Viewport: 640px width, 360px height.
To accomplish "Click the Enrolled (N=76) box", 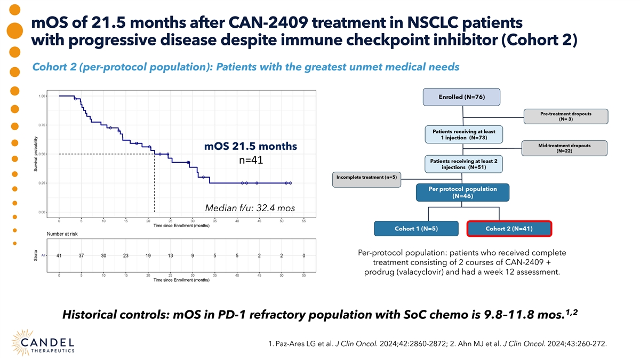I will (x=461, y=97).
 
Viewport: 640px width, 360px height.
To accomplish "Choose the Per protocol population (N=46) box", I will (x=462, y=192).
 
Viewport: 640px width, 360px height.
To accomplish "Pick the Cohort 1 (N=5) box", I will (x=416, y=229).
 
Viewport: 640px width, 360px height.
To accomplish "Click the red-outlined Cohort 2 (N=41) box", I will (x=509, y=229).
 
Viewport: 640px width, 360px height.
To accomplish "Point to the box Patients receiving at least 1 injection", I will (x=463, y=134).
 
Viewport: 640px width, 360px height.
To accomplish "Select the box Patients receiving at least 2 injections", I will (x=463, y=164).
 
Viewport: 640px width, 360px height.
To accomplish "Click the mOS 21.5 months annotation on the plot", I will (x=251, y=146).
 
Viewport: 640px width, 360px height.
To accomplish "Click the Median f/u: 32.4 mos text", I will (x=251, y=207).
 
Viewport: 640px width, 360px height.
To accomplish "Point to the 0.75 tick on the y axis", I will (x=42, y=125).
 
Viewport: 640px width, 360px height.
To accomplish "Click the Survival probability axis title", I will (x=36, y=155).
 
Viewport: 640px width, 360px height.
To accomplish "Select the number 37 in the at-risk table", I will (x=81, y=255).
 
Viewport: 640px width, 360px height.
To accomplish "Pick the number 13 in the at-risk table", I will (x=170, y=255).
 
